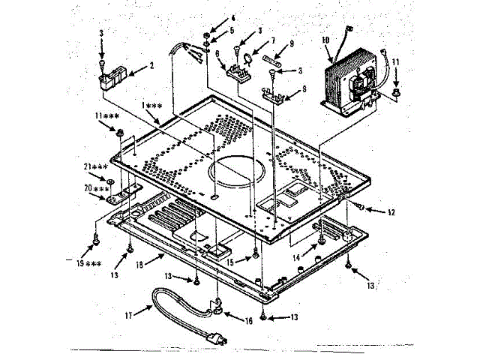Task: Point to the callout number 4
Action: pos(232,17)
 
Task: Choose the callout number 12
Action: pos(390,213)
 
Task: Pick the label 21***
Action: pos(94,166)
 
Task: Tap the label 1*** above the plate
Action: pos(151,106)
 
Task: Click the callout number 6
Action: pos(217,54)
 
